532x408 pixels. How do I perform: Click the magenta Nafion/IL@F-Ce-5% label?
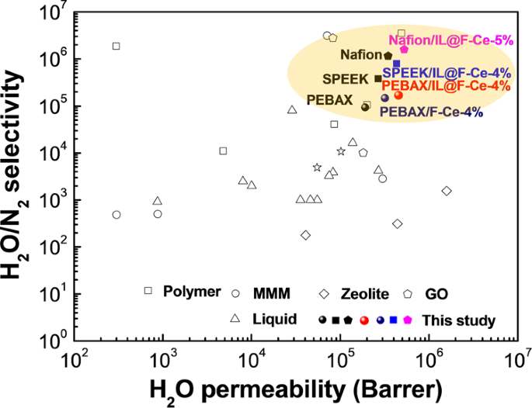[x=450, y=40]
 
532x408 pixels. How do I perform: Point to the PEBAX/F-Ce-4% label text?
[x=431, y=112]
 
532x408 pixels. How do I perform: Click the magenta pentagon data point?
[x=404, y=50]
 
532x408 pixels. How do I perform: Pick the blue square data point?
[x=396, y=64]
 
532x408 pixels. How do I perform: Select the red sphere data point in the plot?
[x=398, y=95]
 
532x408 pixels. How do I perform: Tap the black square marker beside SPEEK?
[x=378, y=78]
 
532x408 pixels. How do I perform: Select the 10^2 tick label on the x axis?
[x=75, y=361]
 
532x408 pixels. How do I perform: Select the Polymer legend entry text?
[x=188, y=292]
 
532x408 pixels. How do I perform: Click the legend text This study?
[x=458, y=320]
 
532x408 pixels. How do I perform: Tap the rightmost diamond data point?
[x=447, y=191]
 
